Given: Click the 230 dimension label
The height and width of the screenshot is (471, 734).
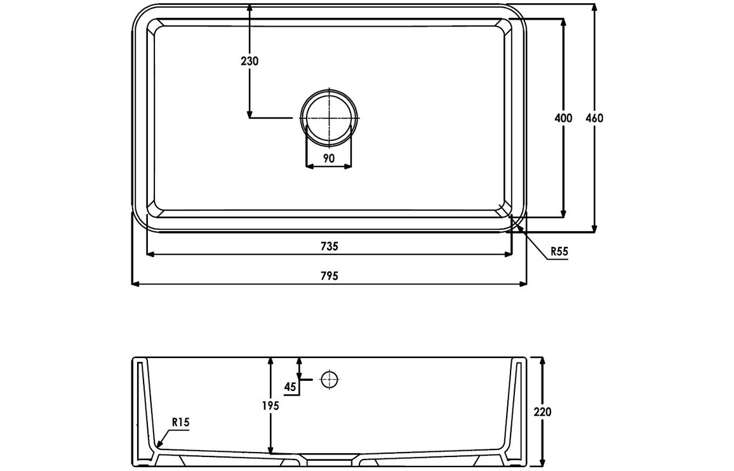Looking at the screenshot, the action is click(250, 62).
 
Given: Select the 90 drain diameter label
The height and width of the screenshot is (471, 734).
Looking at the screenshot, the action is click(329, 159).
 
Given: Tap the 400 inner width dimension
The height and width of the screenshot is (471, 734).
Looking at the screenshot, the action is click(563, 118).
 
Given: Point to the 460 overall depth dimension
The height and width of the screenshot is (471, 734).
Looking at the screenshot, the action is click(594, 118).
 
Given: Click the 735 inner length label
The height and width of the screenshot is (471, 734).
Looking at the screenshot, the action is click(330, 246).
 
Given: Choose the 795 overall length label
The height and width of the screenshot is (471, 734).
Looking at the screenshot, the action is click(330, 276).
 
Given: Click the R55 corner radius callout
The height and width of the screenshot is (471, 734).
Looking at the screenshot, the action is click(559, 251).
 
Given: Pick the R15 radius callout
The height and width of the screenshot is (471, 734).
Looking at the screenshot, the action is click(181, 422).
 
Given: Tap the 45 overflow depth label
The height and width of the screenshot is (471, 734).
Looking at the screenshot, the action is click(290, 387).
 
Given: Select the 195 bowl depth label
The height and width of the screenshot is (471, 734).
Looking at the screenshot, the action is click(270, 406).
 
